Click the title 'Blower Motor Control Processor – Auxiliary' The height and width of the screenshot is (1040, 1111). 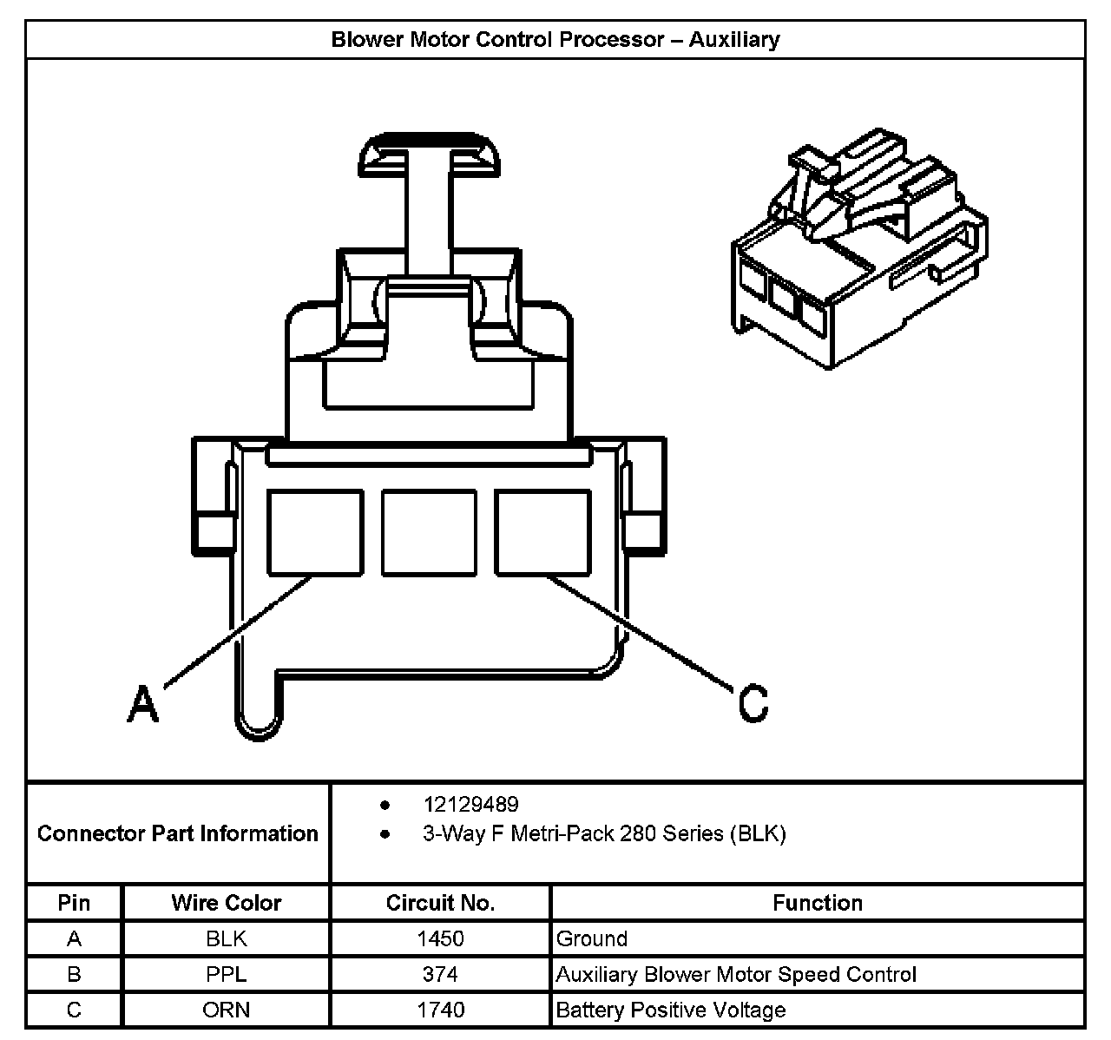[555, 40]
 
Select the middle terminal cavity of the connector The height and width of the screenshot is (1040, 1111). [429, 532]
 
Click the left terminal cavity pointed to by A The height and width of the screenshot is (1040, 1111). [314, 532]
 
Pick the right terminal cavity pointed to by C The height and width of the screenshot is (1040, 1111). [542, 532]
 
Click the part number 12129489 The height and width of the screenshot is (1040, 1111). [470, 805]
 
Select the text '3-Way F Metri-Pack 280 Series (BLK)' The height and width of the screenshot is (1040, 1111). [604, 834]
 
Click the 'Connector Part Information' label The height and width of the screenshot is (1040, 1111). [178, 833]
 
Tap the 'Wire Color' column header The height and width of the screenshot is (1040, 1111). [227, 903]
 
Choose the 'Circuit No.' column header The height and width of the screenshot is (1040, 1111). [440, 903]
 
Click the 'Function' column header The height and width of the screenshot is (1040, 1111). [817, 903]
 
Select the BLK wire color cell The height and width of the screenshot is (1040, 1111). [227, 938]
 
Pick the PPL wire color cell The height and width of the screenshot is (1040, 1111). [227, 974]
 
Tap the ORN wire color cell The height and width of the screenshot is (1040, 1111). [227, 1010]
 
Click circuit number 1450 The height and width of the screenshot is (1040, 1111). [440, 938]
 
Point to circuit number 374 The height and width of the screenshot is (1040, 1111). [440, 974]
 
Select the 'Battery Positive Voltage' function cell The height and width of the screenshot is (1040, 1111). [670, 1010]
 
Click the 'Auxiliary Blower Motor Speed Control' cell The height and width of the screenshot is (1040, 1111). [735, 974]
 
